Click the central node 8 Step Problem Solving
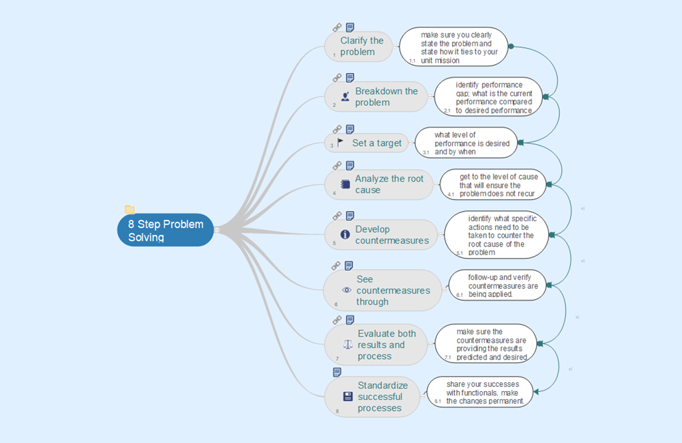tap(165, 230)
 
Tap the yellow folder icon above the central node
tap(130, 210)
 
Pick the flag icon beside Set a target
tap(340, 143)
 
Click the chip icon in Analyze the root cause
tap(345, 184)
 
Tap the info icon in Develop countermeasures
tap(345, 234)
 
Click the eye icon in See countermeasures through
tap(346, 290)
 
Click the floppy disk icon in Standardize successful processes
tap(347, 397)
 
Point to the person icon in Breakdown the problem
tap(345, 97)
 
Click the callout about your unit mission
tap(454, 46)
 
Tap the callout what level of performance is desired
tap(466, 143)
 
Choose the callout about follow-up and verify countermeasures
tap(497, 285)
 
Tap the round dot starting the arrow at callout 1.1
tap(512, 46)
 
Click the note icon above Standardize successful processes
tap(337, 372)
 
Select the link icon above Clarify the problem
tap(337, 27)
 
